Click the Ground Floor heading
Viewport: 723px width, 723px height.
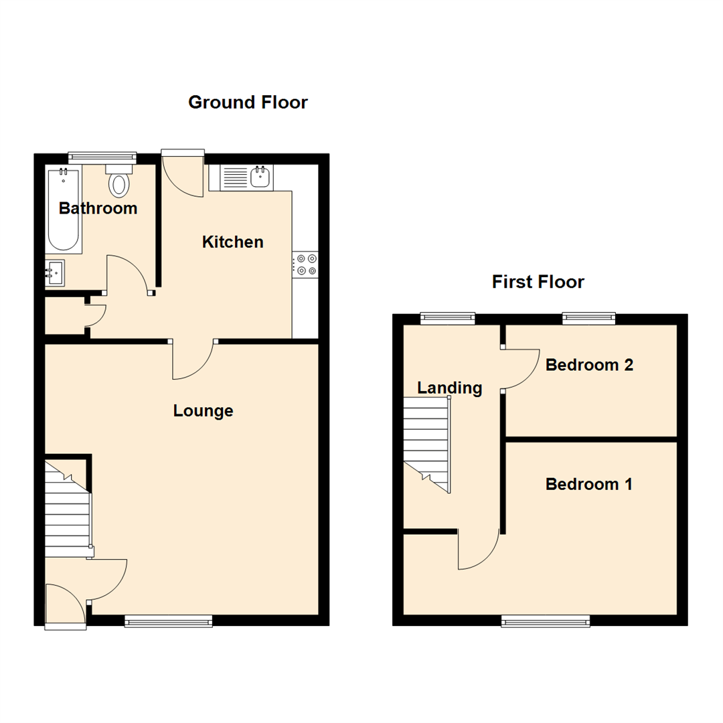(x=248, y=102)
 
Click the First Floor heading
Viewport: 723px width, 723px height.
(x=538, y=282)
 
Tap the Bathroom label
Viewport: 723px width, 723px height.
(x=98, y=208)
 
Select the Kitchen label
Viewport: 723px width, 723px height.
(x=232, y=242)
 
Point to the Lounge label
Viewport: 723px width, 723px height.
(x=203, y=410)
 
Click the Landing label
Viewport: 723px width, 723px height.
(x=449, y=388)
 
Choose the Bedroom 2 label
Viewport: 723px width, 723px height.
(x=588, y=365)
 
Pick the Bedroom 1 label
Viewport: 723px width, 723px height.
(x=588, y=484)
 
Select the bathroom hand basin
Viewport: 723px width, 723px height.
(x=55, y=272)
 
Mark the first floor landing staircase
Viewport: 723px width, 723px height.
(x=426, y=443)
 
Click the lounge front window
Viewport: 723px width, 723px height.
(x=168, y=621)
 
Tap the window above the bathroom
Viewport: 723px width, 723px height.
(x=102, y=156)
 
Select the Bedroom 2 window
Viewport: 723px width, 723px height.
(x=588, y=318)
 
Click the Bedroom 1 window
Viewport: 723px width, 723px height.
(x=546, y=622)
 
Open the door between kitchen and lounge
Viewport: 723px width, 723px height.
(x=193, y=360)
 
